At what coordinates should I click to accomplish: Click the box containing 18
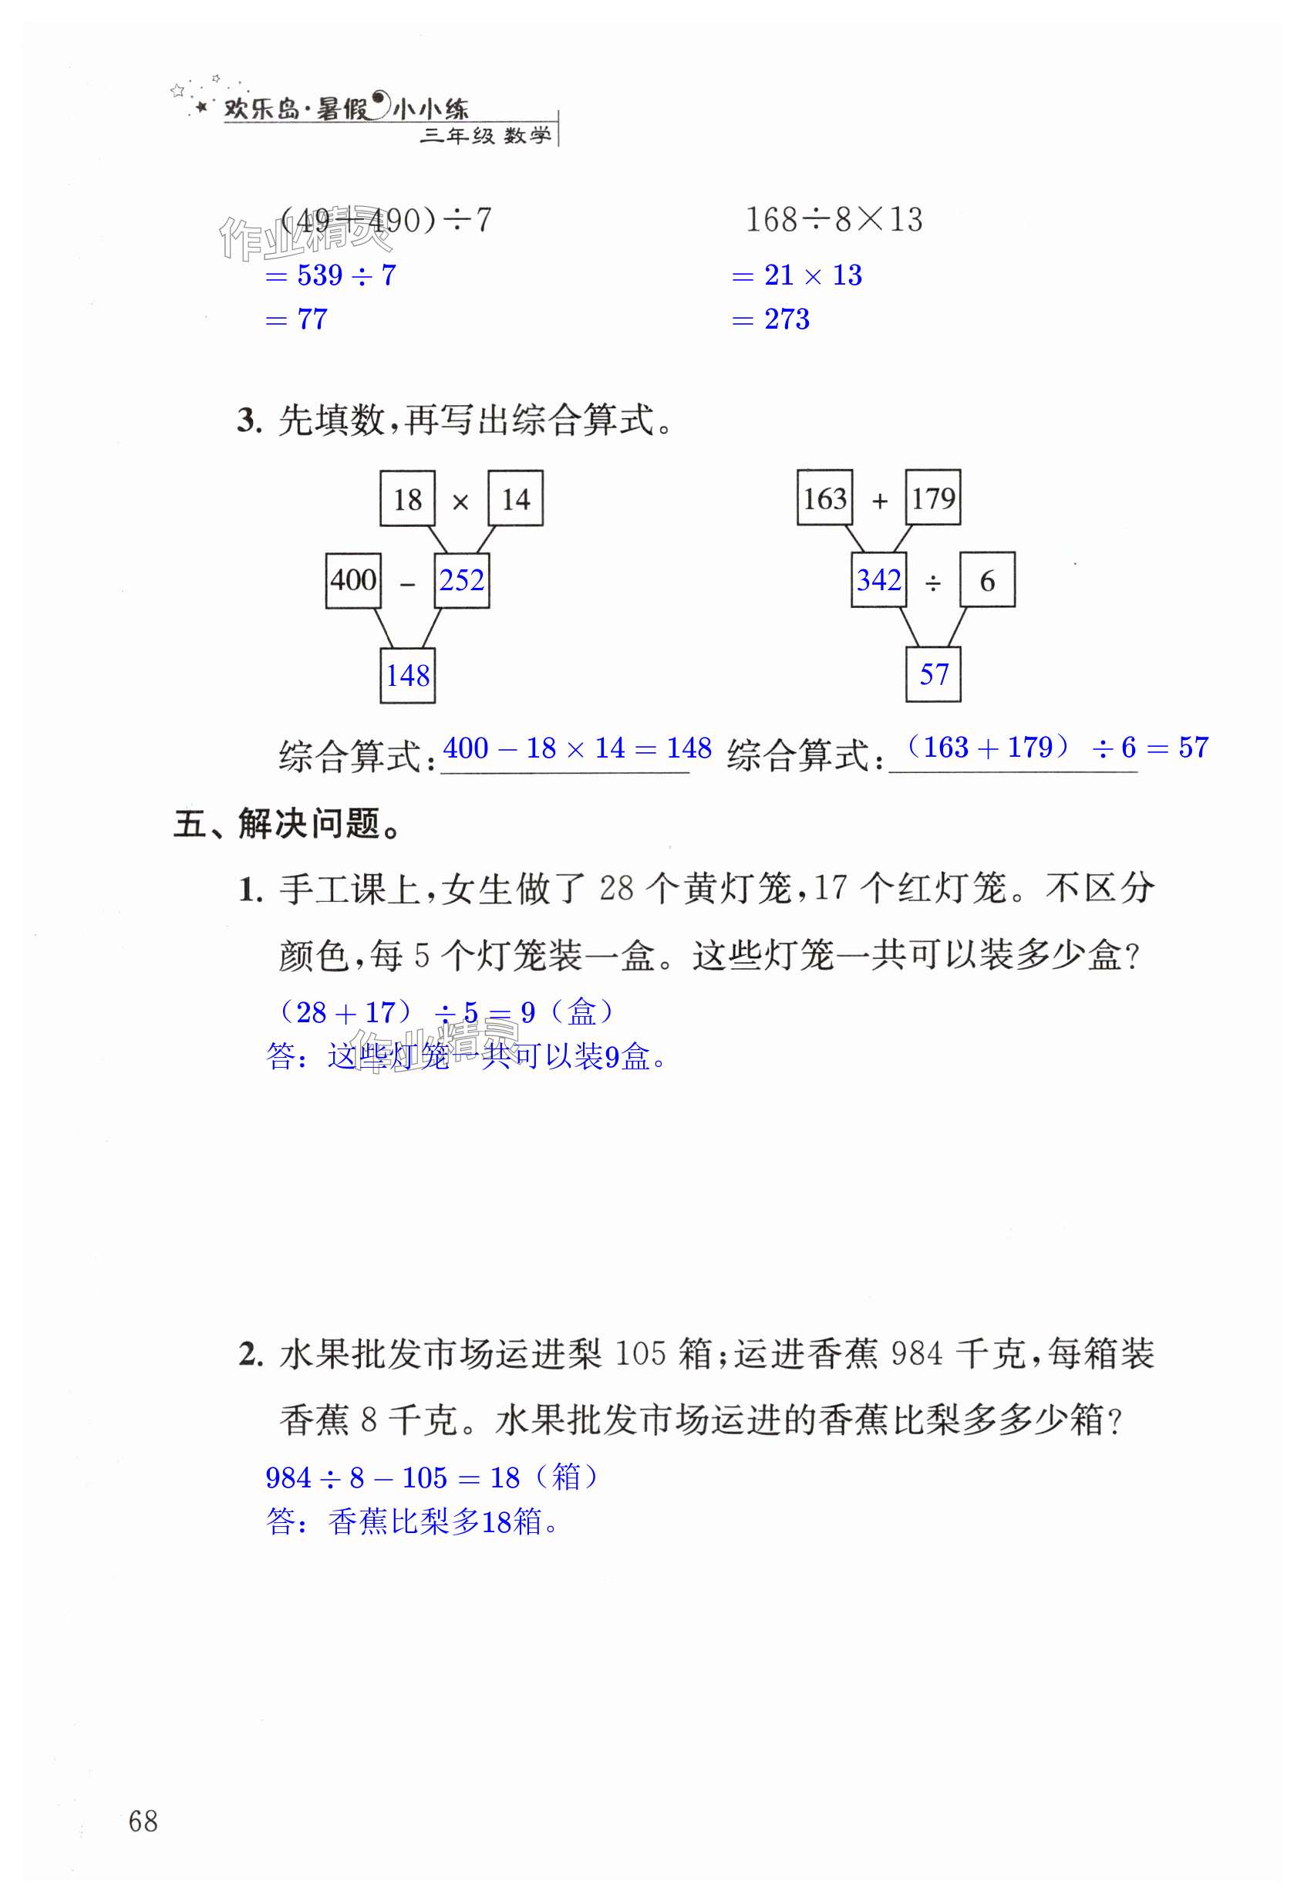coord(407,498)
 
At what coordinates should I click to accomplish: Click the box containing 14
coord(515,498)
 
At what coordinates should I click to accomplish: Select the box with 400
coord(353,581)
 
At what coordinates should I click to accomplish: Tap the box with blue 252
coord(461,581)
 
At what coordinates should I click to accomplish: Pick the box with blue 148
coord(407,676)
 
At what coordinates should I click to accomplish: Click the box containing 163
coord(825,498)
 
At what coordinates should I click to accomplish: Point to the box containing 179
coord(933,498)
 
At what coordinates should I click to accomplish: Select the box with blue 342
coord(879,580)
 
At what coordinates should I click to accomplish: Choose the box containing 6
coord(987,580)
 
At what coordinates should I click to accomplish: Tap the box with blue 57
coord(933,675)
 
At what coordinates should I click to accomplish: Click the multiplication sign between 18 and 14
coord(460,502)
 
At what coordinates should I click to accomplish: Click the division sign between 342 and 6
coord(933,583)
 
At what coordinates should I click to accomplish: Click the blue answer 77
coord(312,319)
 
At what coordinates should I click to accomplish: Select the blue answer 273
coord(787,319)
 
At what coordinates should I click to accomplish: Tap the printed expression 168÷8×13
coord(834,219)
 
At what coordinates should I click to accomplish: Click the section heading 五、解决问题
coord(288,824)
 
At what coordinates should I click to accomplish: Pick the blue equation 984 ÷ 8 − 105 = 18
coord(393,1478)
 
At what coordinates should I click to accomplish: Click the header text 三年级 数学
coord(486,136)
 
